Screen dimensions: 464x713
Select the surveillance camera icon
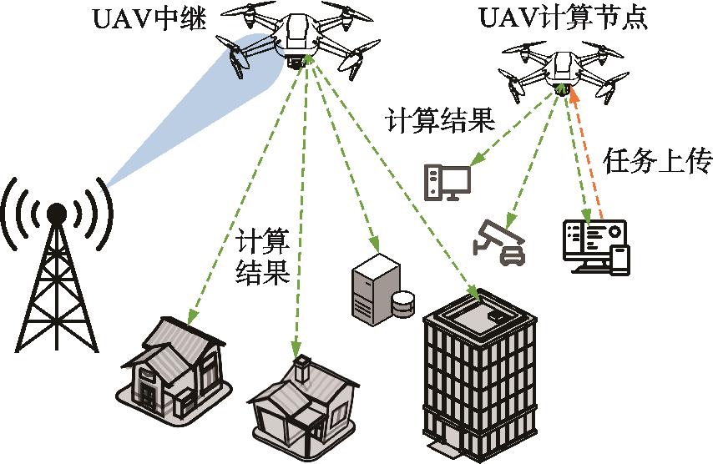[499, 240]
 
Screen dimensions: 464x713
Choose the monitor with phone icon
[594, 245]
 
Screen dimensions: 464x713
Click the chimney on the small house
[301, 366]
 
